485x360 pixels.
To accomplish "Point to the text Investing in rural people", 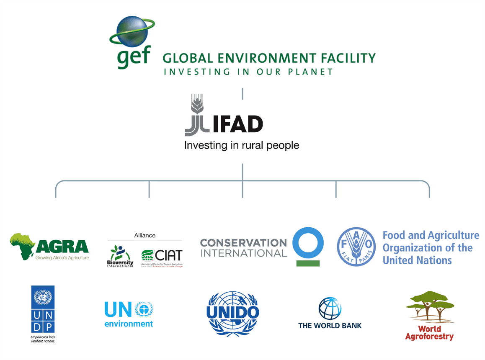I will click(242, 146).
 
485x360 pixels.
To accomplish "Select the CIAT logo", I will click(162, 256).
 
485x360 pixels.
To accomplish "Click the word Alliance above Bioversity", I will click(145, 236).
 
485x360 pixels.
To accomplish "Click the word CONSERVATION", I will click(243, 242).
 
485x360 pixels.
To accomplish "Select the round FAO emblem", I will click(356, 247).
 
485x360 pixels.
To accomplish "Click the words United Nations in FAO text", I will click(417, 260).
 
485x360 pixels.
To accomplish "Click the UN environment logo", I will click(129, 314).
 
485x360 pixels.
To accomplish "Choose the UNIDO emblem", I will click(233, 313).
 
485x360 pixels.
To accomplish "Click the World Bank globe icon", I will click(330, 309).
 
